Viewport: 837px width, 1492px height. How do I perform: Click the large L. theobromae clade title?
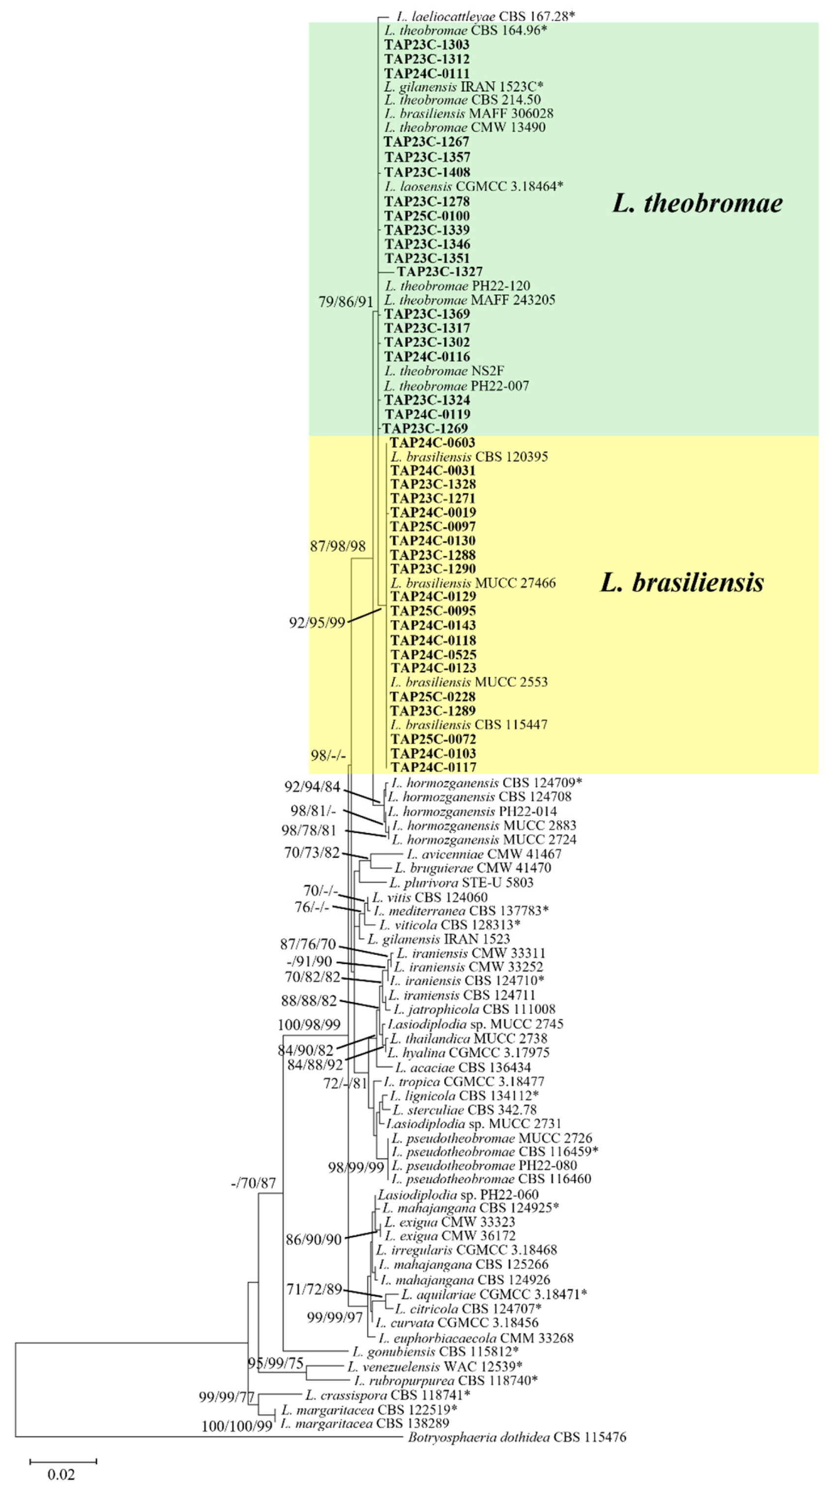point(697,202)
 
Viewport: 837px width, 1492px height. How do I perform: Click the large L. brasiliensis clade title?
point(682,582)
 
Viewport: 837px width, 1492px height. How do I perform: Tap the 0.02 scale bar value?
point(61,1474)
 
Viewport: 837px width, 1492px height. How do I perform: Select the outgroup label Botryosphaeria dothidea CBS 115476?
point(517,1436)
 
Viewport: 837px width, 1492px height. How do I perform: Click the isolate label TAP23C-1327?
point(440,271)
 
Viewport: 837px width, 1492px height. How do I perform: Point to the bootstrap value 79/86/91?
point(346,302)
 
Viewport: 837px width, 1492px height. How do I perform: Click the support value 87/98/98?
point(338,546)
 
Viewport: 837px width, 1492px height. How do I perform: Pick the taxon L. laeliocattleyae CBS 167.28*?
point(486,16)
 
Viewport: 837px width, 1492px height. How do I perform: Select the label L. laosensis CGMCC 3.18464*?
point(474,187)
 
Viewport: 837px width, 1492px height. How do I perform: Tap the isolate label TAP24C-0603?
point(432,442)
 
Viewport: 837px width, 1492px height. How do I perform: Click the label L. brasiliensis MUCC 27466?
point(473,583)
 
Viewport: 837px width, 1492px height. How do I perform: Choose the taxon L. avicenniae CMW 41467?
point(484,854)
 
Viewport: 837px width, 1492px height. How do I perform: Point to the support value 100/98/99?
point(309,1025)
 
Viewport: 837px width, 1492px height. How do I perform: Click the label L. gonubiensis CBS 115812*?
point(435,1351)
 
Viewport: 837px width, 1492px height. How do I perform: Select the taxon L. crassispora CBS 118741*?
point(387,1395)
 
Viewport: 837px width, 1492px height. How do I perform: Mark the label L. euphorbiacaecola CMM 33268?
point(476,1338)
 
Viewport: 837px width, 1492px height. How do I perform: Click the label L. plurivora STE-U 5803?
point(461,882)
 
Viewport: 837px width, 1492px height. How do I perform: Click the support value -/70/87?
point(253,1182)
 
